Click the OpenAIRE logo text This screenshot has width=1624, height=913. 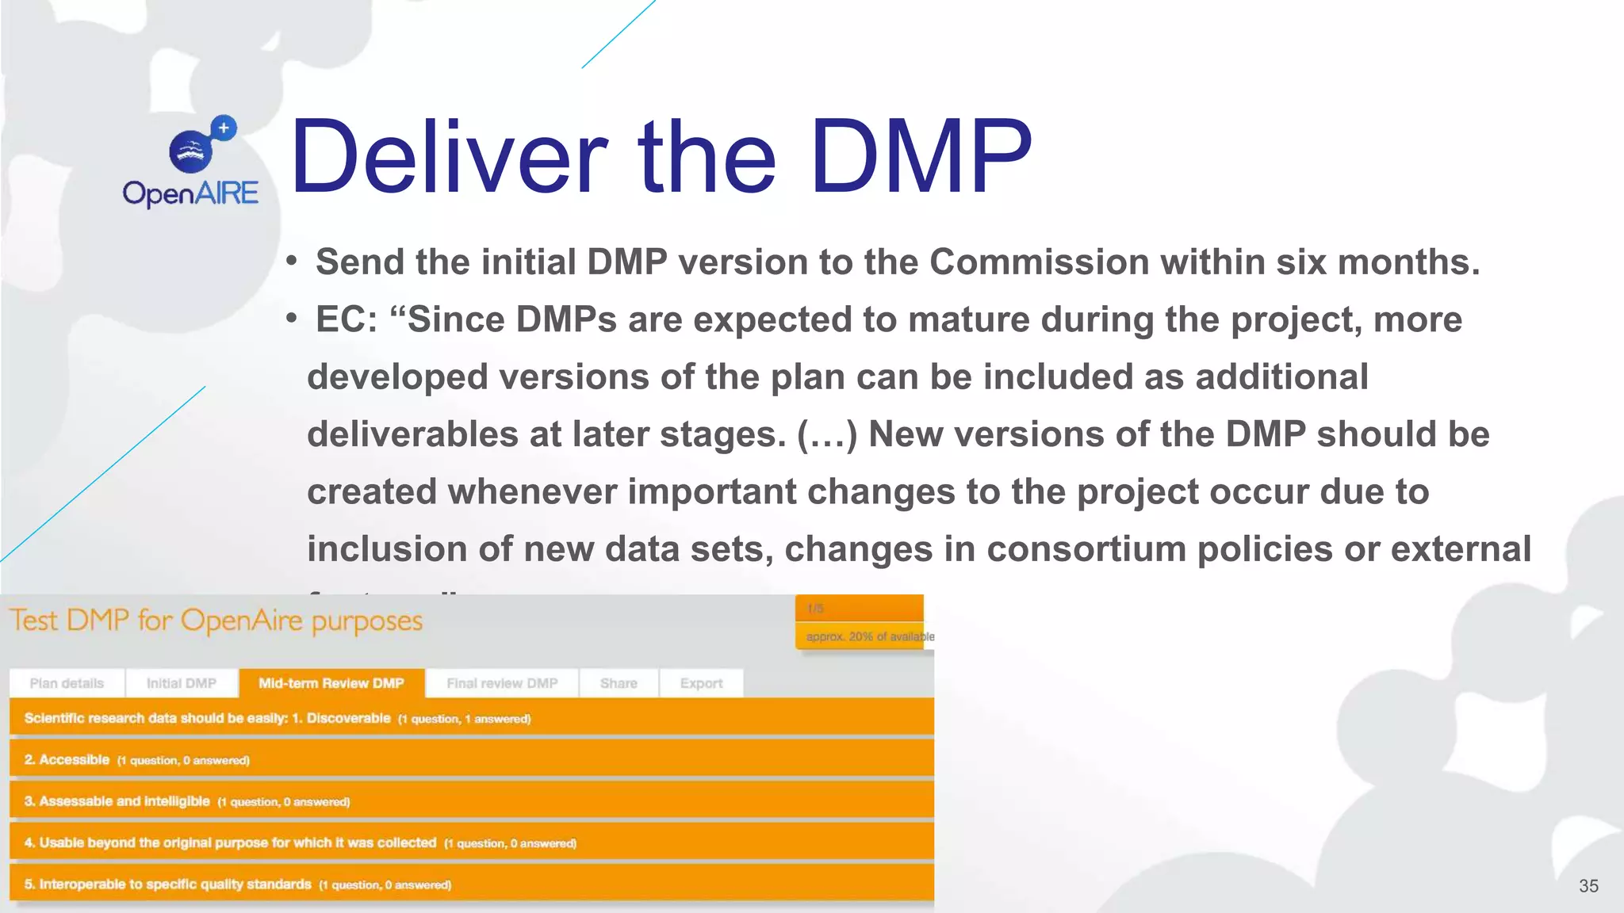tap(190, 193)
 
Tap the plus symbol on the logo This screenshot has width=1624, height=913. tap(224, 128)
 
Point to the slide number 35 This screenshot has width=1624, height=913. tap(1588, 886)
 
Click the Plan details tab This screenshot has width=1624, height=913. tap(67, 683)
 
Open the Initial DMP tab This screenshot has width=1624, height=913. tap(182, 683)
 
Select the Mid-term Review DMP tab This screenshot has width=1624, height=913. tap(331, 683)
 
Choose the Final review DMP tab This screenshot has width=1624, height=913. tap(502, 683)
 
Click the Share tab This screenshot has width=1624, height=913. tap(619, 683)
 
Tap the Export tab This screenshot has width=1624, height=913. tap(701, 683)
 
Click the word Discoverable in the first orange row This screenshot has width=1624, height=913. tap(348, 718)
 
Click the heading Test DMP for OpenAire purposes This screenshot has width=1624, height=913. tap(216, 621)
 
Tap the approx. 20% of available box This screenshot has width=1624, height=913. tap(864, 636)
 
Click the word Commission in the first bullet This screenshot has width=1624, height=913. tap(1039, 262)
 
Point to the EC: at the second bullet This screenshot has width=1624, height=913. tap(347, 320)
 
